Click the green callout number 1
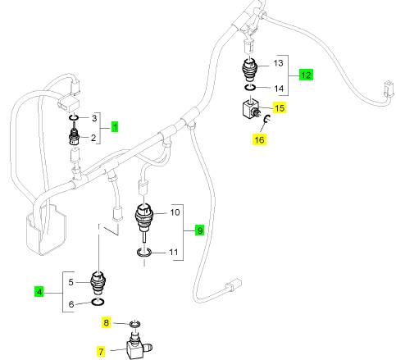115,127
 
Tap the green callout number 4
39,292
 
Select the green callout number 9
199,230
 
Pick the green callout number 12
306,75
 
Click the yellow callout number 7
101,351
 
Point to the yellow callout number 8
106,322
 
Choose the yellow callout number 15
280,108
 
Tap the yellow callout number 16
259,140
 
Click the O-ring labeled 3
74,117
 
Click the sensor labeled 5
98,284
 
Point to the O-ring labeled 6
98,302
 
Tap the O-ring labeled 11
144,253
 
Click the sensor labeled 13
251,70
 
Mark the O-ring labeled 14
249,88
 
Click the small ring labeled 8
135,324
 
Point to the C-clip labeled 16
267,118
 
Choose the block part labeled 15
251,108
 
